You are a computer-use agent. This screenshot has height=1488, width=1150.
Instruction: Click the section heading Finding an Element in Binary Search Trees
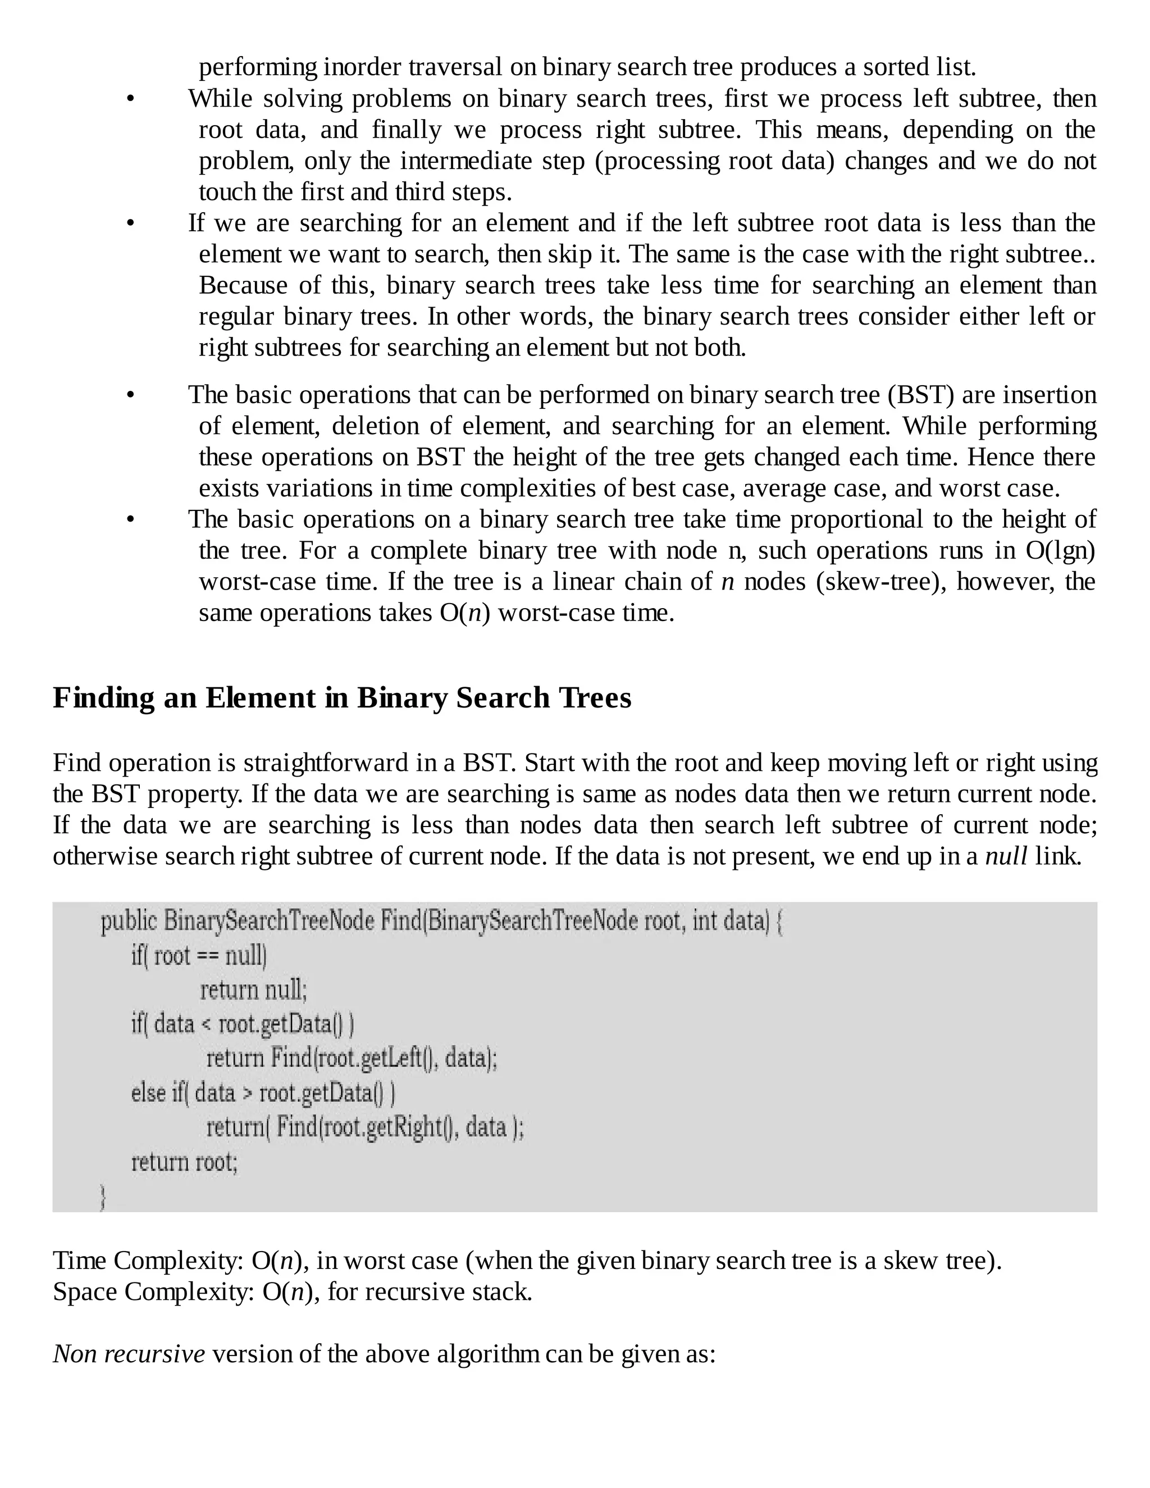click(342, 697)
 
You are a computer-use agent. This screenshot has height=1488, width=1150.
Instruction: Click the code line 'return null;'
click(253, 989)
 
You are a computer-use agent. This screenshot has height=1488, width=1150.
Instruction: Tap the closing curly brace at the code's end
click(103, 1197)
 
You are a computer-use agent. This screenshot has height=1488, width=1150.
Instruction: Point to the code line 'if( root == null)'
click(199, 955)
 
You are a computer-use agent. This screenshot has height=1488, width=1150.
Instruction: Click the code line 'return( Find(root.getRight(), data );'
click(365, 1127)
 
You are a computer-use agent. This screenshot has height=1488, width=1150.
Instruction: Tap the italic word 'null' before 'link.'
click(1006, 856)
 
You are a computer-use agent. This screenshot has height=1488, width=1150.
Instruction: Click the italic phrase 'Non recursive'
click(129, 1353)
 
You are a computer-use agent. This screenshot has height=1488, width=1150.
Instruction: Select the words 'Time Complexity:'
click(148, 1261)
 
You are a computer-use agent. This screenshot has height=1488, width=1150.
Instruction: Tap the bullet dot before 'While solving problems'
click(130, 99)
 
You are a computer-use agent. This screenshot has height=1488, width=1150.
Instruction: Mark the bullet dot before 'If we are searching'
click(130, 224)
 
